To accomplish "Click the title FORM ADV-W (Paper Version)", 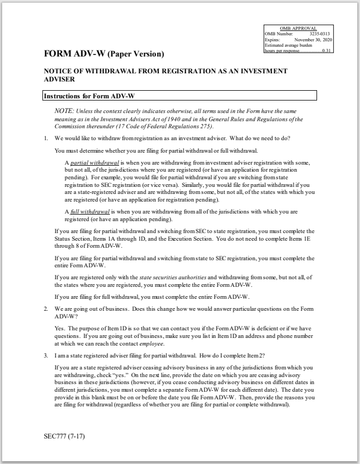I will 104,54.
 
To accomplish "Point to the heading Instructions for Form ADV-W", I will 89,96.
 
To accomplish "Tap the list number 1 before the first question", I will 46,138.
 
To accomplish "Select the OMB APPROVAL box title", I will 297,28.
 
